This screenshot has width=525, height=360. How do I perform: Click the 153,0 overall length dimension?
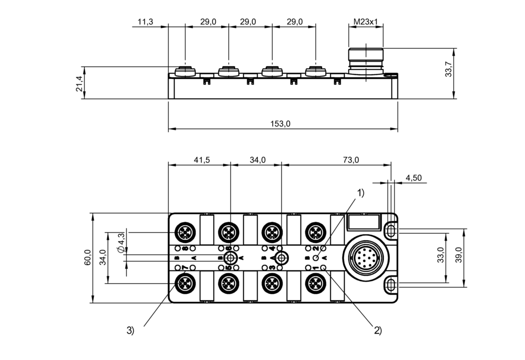pyautogui.click(x=280, y=124)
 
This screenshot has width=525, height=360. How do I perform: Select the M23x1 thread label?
pyautogui.click(x=366, y=22)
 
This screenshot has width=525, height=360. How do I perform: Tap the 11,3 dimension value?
pyautogui.click(x=145, y=22)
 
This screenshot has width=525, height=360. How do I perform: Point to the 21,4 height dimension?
pyautogui.click(x=79, y=84)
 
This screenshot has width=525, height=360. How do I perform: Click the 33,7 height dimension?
pyautogui.click(x=449, y=69)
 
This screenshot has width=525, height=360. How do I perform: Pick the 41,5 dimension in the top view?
pyautogui.click(x=202, y=160)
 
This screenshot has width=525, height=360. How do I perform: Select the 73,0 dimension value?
pyautogui.click(x=351, y=160)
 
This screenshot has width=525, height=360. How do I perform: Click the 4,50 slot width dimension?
pyautogui.click(x=414, y=178)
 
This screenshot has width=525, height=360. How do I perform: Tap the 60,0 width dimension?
pyautogui.click(x=87, y=257)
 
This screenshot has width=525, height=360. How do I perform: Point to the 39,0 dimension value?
pyautogui.click(x=459, y=255)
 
